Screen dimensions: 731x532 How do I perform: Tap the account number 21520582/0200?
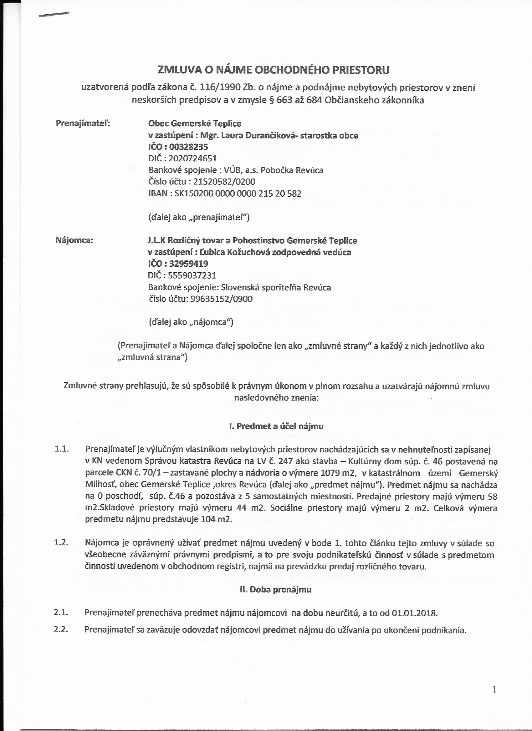click(223, 182)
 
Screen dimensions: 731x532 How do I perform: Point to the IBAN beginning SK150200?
click(238, 194)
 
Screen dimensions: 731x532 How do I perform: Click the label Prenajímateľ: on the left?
click(83, 124)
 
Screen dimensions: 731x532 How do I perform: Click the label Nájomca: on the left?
click(74, 240)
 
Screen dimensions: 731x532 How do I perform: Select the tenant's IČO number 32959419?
click(188, 264)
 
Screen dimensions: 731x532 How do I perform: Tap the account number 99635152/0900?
click(221, 299)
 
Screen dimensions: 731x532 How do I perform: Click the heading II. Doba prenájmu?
click(275, 589)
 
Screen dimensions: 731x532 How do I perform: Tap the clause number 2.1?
click(61, 613)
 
